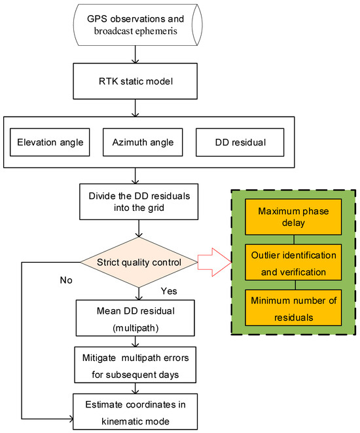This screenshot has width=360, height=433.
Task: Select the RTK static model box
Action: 134,82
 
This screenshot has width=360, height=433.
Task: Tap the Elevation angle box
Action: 51,142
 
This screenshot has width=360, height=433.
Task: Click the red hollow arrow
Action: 211,263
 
